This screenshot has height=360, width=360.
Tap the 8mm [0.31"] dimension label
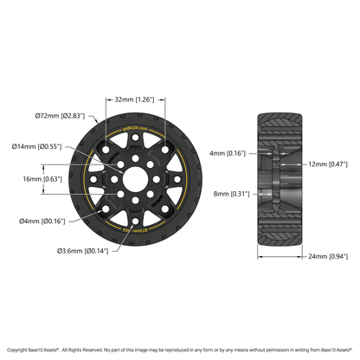(229, 194)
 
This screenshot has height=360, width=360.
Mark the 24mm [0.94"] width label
(327, 257)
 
